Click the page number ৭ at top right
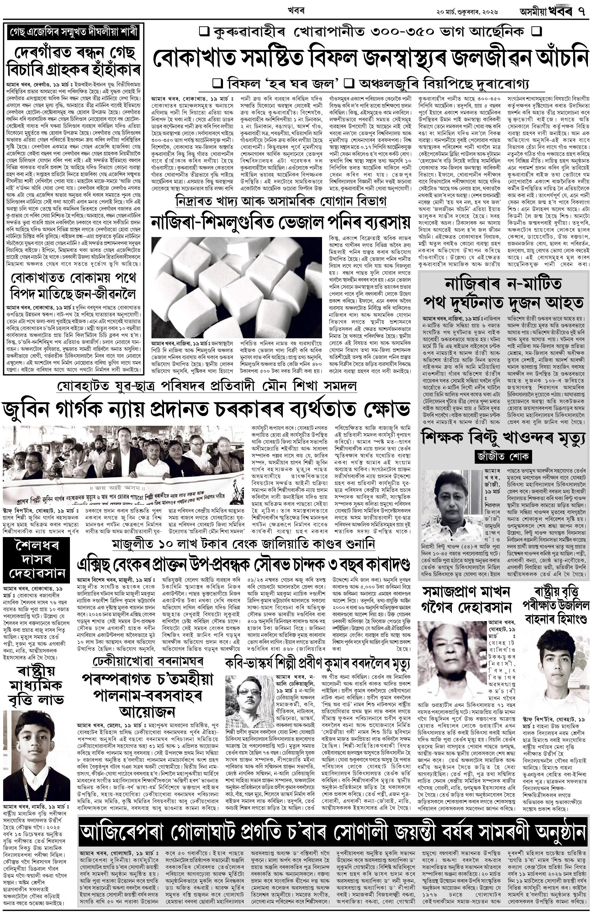(582, 12)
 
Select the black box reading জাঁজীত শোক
(503, 456)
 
